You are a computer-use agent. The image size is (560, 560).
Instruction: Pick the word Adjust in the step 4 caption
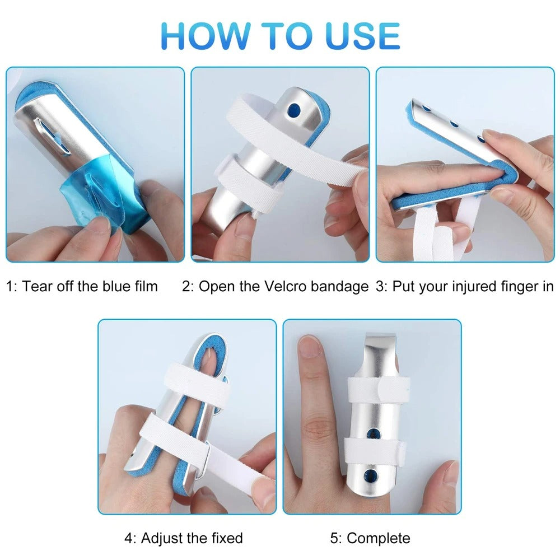[x=163, y=539]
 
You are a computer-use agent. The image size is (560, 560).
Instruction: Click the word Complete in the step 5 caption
[x=379, y=539]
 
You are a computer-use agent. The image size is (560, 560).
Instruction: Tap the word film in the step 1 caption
[x=144, y=287]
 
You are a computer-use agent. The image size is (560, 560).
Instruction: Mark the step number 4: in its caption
[x=130, y=539]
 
